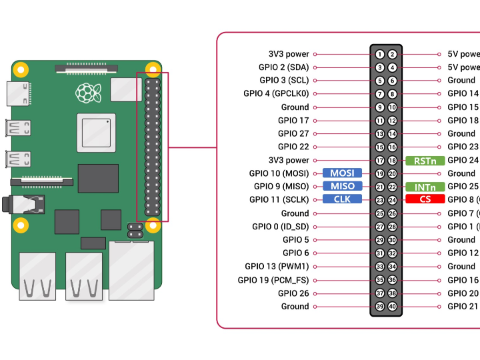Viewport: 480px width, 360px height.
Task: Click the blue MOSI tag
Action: pos(342,173)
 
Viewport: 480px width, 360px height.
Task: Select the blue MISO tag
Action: pos(342,186)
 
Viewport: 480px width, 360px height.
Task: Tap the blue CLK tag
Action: pos(342,199)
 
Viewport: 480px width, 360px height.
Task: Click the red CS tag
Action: pos(425,199)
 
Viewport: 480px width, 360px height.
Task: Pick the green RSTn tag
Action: pos(425,160)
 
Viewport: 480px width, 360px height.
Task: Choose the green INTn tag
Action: pos(425,187)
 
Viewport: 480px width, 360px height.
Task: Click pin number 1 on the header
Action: pos(379,54)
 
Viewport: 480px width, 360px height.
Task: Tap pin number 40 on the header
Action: pos(393,307)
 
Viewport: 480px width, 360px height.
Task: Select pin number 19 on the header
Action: pos(379,173)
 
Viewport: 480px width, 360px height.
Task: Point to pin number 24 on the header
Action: pos(393,200)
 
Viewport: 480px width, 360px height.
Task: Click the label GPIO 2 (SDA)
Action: pos(283,67)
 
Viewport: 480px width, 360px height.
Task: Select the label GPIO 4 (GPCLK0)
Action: pos(276,94)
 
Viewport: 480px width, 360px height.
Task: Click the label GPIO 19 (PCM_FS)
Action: pos(273,280)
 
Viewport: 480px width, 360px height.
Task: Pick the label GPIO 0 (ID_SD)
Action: pos(280,227)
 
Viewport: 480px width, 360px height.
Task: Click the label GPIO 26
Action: pos(293,293)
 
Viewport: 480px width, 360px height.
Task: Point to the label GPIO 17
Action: pos(293,121)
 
